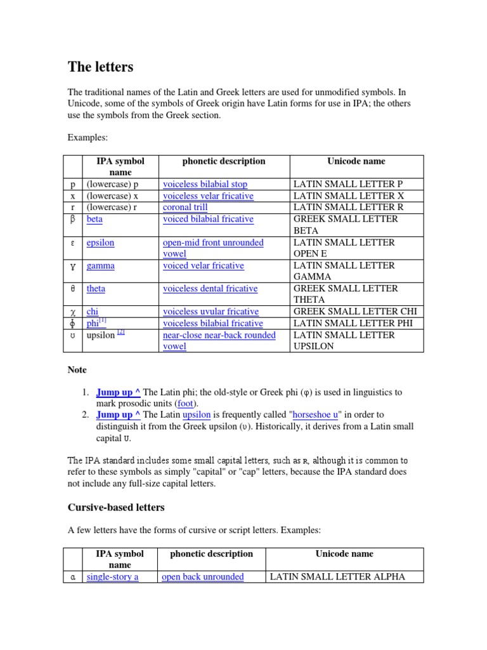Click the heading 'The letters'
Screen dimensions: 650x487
click(100, 67)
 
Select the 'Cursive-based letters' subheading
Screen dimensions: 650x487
click(116, 507)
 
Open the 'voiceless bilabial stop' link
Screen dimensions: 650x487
click(205, 185)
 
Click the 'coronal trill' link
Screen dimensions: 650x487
click(185, 208)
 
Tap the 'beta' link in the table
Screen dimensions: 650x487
click(94, 219)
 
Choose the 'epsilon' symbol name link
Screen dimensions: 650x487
click(100, 242)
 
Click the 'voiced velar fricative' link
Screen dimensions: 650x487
click(203, 266)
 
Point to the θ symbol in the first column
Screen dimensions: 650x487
click(74, 289)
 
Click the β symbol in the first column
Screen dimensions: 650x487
click(74, 220)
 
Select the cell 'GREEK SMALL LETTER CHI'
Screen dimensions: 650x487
click(355, 312)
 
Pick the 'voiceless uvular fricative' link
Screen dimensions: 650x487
click(211, 312)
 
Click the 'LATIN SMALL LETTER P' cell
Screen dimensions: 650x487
click(347, 185)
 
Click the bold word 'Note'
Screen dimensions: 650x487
click(77, 369)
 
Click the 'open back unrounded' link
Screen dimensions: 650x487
click(202, 577)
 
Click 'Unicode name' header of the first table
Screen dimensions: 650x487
click(356, 161)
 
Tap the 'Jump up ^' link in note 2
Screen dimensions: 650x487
click(119, 415)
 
